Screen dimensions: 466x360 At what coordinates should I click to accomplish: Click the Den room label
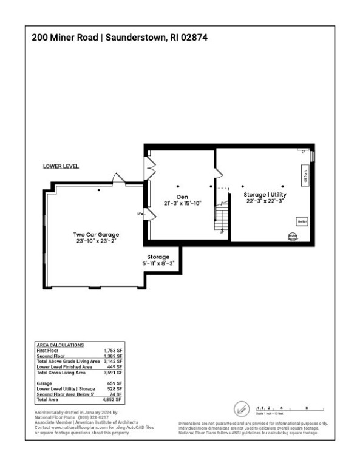[x=182, y=197]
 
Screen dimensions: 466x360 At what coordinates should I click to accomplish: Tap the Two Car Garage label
[x=96, y=234]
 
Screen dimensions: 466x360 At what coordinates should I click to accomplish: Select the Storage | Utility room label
[x=265, y=194]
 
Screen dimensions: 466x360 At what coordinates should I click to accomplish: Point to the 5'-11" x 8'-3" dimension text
[x=158, y=263]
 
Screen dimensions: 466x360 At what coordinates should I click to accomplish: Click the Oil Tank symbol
[x=305, y=176]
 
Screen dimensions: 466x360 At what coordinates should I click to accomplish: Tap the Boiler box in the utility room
[x=302, y=222]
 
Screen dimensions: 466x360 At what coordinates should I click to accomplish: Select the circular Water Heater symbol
[x=293, y=237]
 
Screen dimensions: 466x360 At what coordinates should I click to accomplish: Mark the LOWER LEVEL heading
[x=61, y=166]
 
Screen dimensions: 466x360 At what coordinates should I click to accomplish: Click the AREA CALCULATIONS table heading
[x=59, y=345]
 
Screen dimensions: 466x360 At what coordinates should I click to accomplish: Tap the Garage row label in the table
[x=44, y=383]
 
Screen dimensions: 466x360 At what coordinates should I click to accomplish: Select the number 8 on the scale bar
[x=307, y=408]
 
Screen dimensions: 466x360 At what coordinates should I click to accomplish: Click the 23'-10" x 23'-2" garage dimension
[x=96, y=241]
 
